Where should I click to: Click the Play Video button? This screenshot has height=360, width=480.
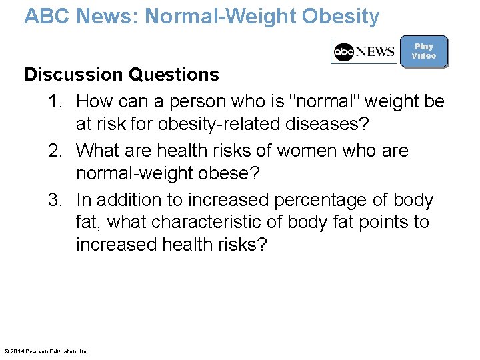coord(424,51)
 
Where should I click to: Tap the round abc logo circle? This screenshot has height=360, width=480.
coord(344,52)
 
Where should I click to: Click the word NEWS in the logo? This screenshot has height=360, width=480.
coord(375,52)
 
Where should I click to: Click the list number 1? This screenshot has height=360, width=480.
coord(55,102)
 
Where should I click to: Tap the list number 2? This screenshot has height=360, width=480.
coord(55,151)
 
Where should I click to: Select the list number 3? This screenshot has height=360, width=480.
coord(55,201)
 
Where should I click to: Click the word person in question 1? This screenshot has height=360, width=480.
coord(199,102)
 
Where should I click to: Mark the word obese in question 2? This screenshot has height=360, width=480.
coord(227,173)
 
